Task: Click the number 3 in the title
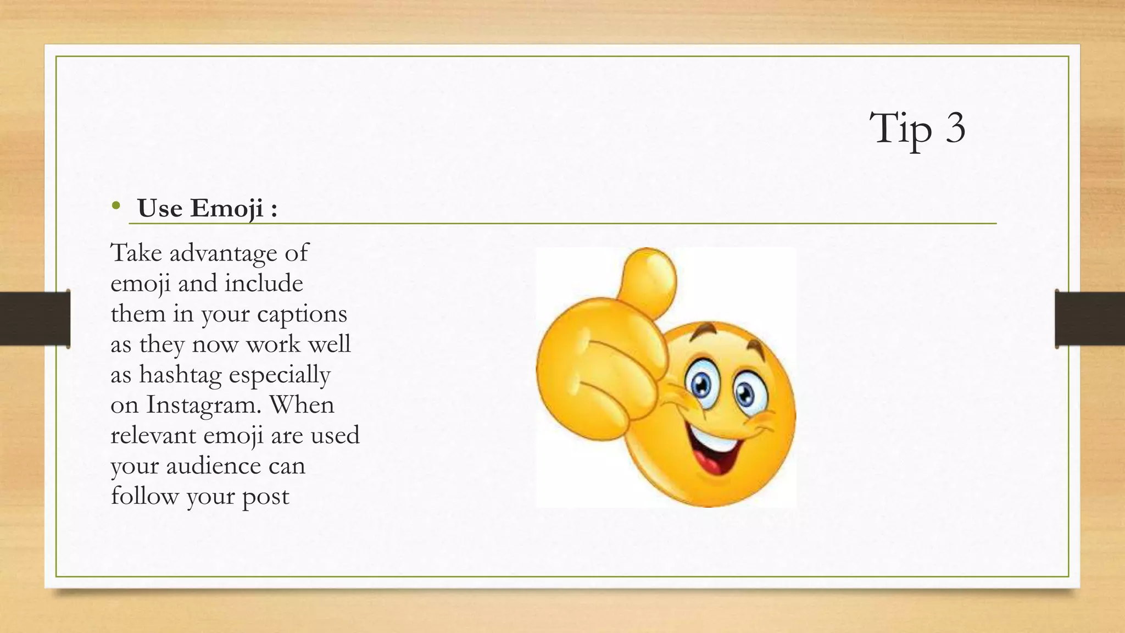[x=955, y=128]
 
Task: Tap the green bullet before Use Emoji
[x=115, y=206]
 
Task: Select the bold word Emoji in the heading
[x=227, y=208]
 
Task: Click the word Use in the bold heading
[x=160, y=208]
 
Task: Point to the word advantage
[x=223, y=253]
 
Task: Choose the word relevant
[x=153, y=435]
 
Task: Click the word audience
[x=213, y=466]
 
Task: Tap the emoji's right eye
[x=747, y=392]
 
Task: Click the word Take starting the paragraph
[x=136, y=253]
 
